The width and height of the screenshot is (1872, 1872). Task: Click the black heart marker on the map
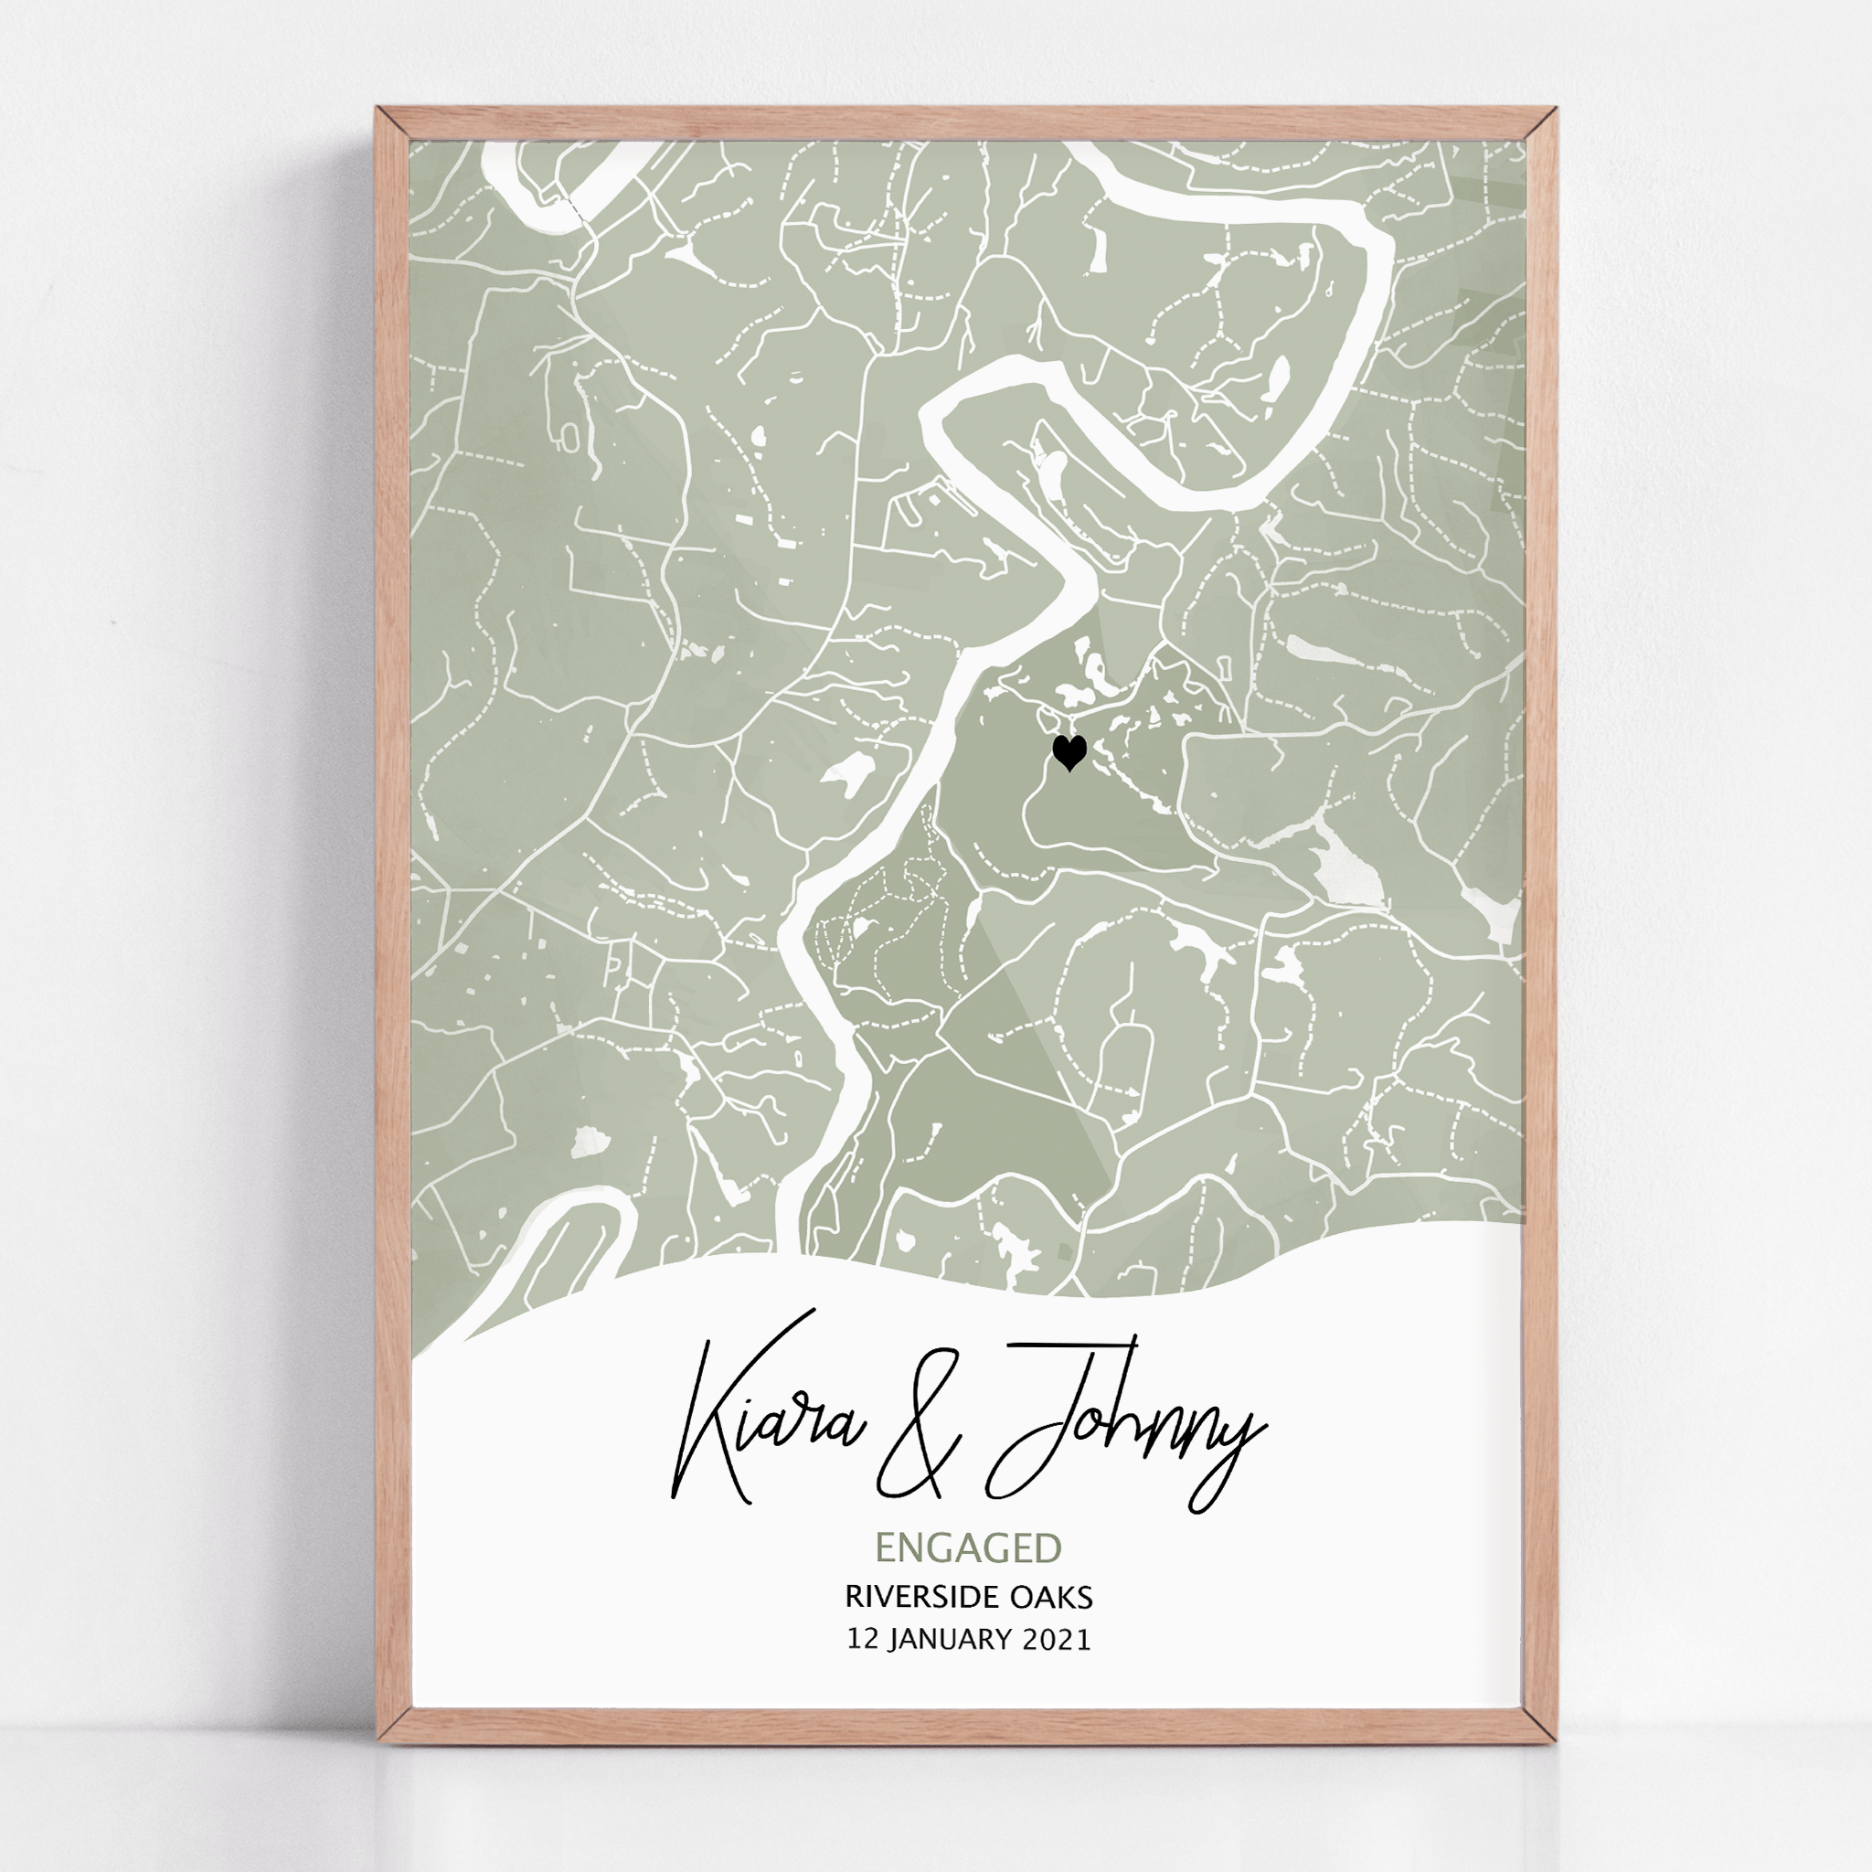click(x=1069, y=752)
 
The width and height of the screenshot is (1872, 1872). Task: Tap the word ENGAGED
click(x=969, y=1548)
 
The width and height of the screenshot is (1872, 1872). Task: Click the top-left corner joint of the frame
click(x=391, y=124)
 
